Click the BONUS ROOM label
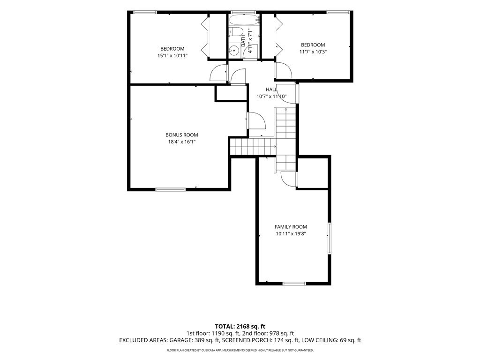[x=181, y=135]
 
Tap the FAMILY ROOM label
[x=291, y=227]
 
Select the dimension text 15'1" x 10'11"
[x=172, y=56]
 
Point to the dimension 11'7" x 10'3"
[x=313, y=52]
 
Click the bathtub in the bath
[x=244, y=20]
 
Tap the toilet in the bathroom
[x=236, y=31]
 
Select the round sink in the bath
[x=234, y=50]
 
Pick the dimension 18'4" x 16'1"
[x=181, y=142]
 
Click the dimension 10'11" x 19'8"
[x=291, y=234]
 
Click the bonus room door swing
[x=256, y=120]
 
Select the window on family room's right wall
[x=330, y=238]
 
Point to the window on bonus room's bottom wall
[x=171, y=189]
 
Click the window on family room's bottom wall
[x=294, y=284]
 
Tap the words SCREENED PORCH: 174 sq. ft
[x=260, y=340]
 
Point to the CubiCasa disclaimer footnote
[x=240, y=350]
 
